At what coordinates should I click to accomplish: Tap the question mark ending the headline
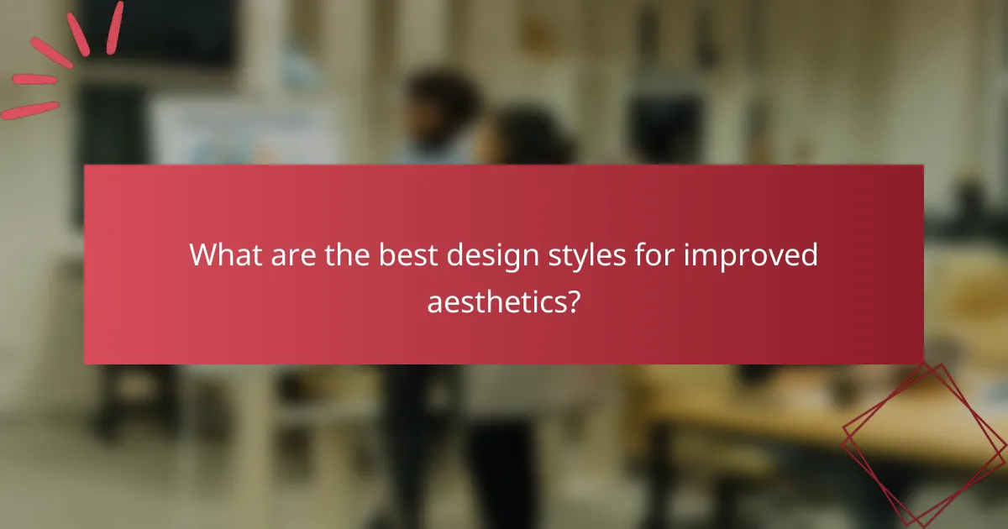coord(573,300)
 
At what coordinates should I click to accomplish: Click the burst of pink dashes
coord(59,63)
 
